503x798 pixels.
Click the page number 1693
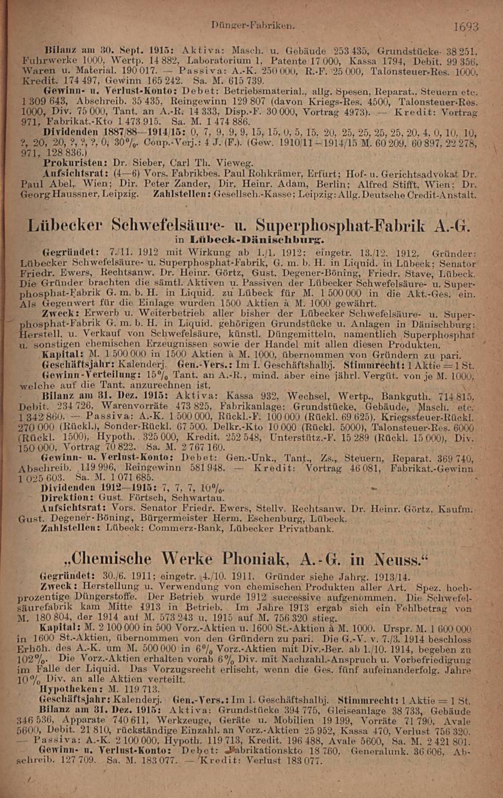pos(465,27)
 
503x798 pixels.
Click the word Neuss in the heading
pos(395,558)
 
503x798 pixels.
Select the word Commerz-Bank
pos(188,528)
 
